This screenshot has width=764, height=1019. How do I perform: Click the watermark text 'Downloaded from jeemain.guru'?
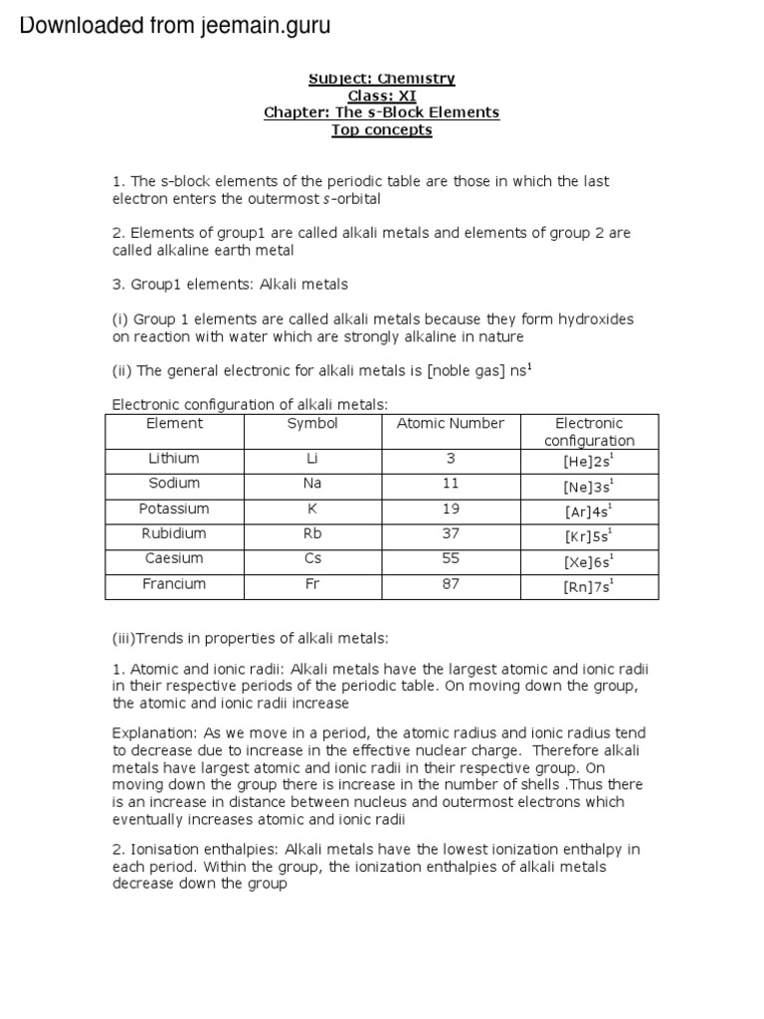174,26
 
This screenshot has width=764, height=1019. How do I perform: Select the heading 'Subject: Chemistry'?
381,78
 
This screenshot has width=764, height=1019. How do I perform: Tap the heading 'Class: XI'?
381,96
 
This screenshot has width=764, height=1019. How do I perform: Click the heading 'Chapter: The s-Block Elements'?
381,112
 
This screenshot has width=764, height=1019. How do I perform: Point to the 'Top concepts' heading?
381,130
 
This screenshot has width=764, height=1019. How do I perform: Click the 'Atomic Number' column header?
450,424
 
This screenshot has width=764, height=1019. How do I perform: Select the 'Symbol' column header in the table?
312,424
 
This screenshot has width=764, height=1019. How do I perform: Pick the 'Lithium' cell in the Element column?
174,459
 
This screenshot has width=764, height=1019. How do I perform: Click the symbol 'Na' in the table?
312,484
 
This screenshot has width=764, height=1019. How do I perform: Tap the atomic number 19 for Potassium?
451,509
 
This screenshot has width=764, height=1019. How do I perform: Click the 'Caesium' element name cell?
174,559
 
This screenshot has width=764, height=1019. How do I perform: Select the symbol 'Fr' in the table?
312,584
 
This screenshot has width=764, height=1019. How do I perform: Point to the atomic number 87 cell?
451,584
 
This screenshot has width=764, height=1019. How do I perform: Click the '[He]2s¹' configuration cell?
589,462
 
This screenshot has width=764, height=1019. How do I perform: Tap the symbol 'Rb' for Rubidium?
312,533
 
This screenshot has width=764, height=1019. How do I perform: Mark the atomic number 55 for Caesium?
451,559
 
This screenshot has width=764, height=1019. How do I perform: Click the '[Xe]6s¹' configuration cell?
589,561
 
